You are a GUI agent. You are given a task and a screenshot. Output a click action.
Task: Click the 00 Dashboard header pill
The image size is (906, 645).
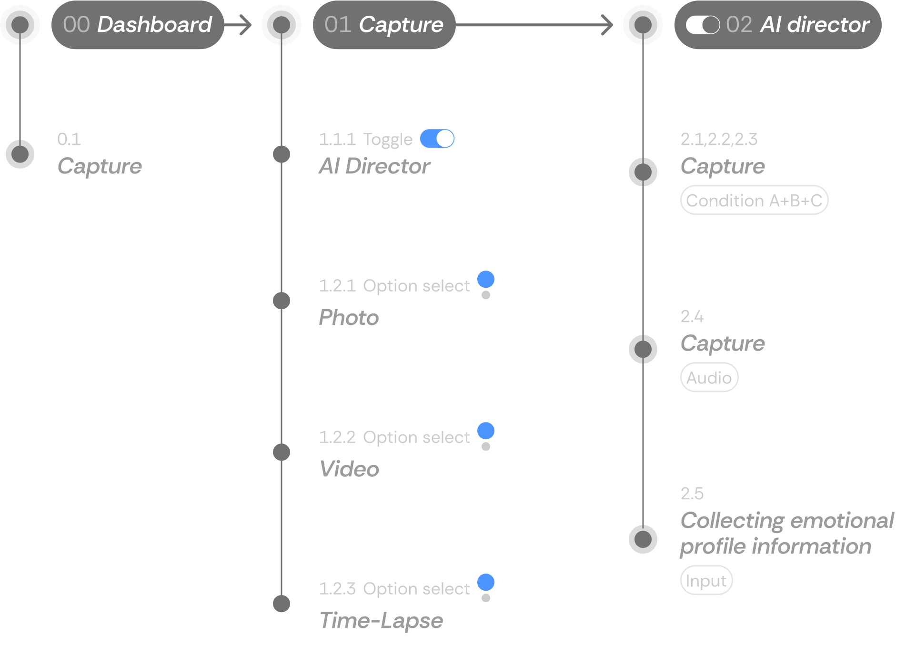click(137, 25)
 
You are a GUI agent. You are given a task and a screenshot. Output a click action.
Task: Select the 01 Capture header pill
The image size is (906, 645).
click(383, 25)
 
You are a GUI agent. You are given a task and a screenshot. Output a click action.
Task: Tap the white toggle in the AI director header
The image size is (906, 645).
click(703, 25)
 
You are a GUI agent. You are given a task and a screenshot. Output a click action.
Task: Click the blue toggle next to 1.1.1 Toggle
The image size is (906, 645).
click(437, 139)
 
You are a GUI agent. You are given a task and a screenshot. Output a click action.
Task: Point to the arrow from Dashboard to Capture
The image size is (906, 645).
click(238, 25)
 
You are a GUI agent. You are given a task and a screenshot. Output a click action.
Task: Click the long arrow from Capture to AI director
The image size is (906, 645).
click(534, 25)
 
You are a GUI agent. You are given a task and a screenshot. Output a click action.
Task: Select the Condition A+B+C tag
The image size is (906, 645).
click(754, 201)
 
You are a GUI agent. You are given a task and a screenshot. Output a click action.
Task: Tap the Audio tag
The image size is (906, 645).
click(709, 378)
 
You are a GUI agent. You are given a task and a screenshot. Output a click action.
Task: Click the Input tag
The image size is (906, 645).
click(706, 581)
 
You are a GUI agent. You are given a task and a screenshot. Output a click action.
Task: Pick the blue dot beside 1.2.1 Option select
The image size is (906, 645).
click(485, 279)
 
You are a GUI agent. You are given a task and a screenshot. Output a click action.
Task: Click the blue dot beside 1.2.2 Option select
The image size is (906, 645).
click(485, 431)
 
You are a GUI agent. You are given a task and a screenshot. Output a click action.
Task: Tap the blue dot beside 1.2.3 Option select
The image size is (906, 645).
click(485, 582)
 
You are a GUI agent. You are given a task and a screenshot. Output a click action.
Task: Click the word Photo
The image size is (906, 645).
click(349, 318)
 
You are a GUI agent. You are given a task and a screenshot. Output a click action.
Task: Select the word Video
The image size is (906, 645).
click(349, 469)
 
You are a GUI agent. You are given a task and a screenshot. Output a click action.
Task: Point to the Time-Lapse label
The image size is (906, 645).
click(381, 621)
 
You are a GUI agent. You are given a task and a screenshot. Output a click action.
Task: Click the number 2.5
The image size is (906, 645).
click(692, 494)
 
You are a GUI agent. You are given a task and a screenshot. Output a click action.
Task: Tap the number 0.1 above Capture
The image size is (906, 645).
click(69, 139)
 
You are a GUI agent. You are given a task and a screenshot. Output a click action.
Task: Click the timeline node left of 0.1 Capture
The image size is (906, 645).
click(20, 154)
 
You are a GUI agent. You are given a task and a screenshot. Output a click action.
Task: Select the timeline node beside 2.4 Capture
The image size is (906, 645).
click(643, 349)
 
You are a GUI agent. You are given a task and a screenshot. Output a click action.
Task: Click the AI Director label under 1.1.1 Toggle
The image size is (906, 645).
click(374, 166)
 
